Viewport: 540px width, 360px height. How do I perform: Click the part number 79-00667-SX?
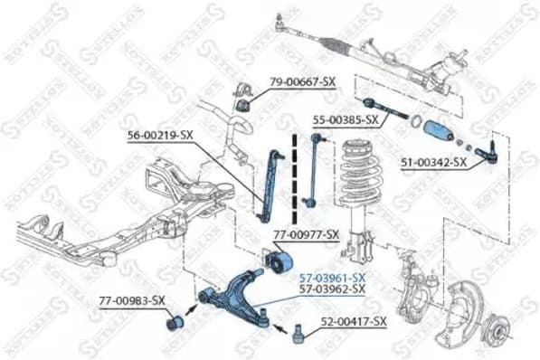[302, 82]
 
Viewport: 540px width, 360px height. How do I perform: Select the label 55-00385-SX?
[346, 118]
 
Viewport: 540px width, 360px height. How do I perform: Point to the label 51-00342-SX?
[432, 163]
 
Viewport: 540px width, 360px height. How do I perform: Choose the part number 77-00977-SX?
[306, 234]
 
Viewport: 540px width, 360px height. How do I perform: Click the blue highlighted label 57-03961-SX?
[332, 276]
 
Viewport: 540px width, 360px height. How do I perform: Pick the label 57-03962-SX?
[332, 289]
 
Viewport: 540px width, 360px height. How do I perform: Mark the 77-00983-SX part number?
[131, 299]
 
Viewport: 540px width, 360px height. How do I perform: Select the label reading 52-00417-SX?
[353, 321]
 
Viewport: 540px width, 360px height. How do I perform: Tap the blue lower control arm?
[236, 290]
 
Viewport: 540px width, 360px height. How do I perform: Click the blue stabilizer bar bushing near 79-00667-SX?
[241, 100]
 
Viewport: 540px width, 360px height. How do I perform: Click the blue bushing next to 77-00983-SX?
[175, 321]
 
